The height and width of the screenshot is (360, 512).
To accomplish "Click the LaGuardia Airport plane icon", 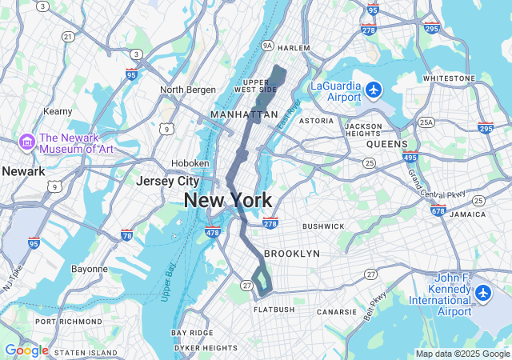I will [x=374, y=90].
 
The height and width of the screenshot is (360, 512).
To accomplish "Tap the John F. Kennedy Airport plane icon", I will [x=482, y=294].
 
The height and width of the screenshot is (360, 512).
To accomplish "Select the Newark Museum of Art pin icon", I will [x=26, y=142].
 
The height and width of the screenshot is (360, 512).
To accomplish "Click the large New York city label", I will [x=228, y=200].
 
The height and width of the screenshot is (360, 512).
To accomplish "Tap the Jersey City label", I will [x=167, y=181].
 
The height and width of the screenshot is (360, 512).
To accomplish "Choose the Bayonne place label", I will [x=89, y=269].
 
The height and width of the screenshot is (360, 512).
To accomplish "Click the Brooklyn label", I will [x=291, y=254].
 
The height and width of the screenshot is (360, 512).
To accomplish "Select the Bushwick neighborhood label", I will [x=323, y=226].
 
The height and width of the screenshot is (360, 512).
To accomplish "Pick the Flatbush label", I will [x=274, y=309].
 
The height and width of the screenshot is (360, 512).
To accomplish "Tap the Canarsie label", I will [x=337, y=312].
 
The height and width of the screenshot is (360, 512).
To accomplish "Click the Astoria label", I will [x=316, y=121].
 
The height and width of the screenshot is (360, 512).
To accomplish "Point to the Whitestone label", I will [x=449, y=78].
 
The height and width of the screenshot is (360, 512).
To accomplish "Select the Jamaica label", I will [x=467, y=214].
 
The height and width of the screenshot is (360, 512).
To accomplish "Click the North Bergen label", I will [x=188, y=90].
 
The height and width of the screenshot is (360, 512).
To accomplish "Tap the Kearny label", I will [x=58, y=111].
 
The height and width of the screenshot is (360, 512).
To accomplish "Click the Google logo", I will [x=26, y=350].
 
